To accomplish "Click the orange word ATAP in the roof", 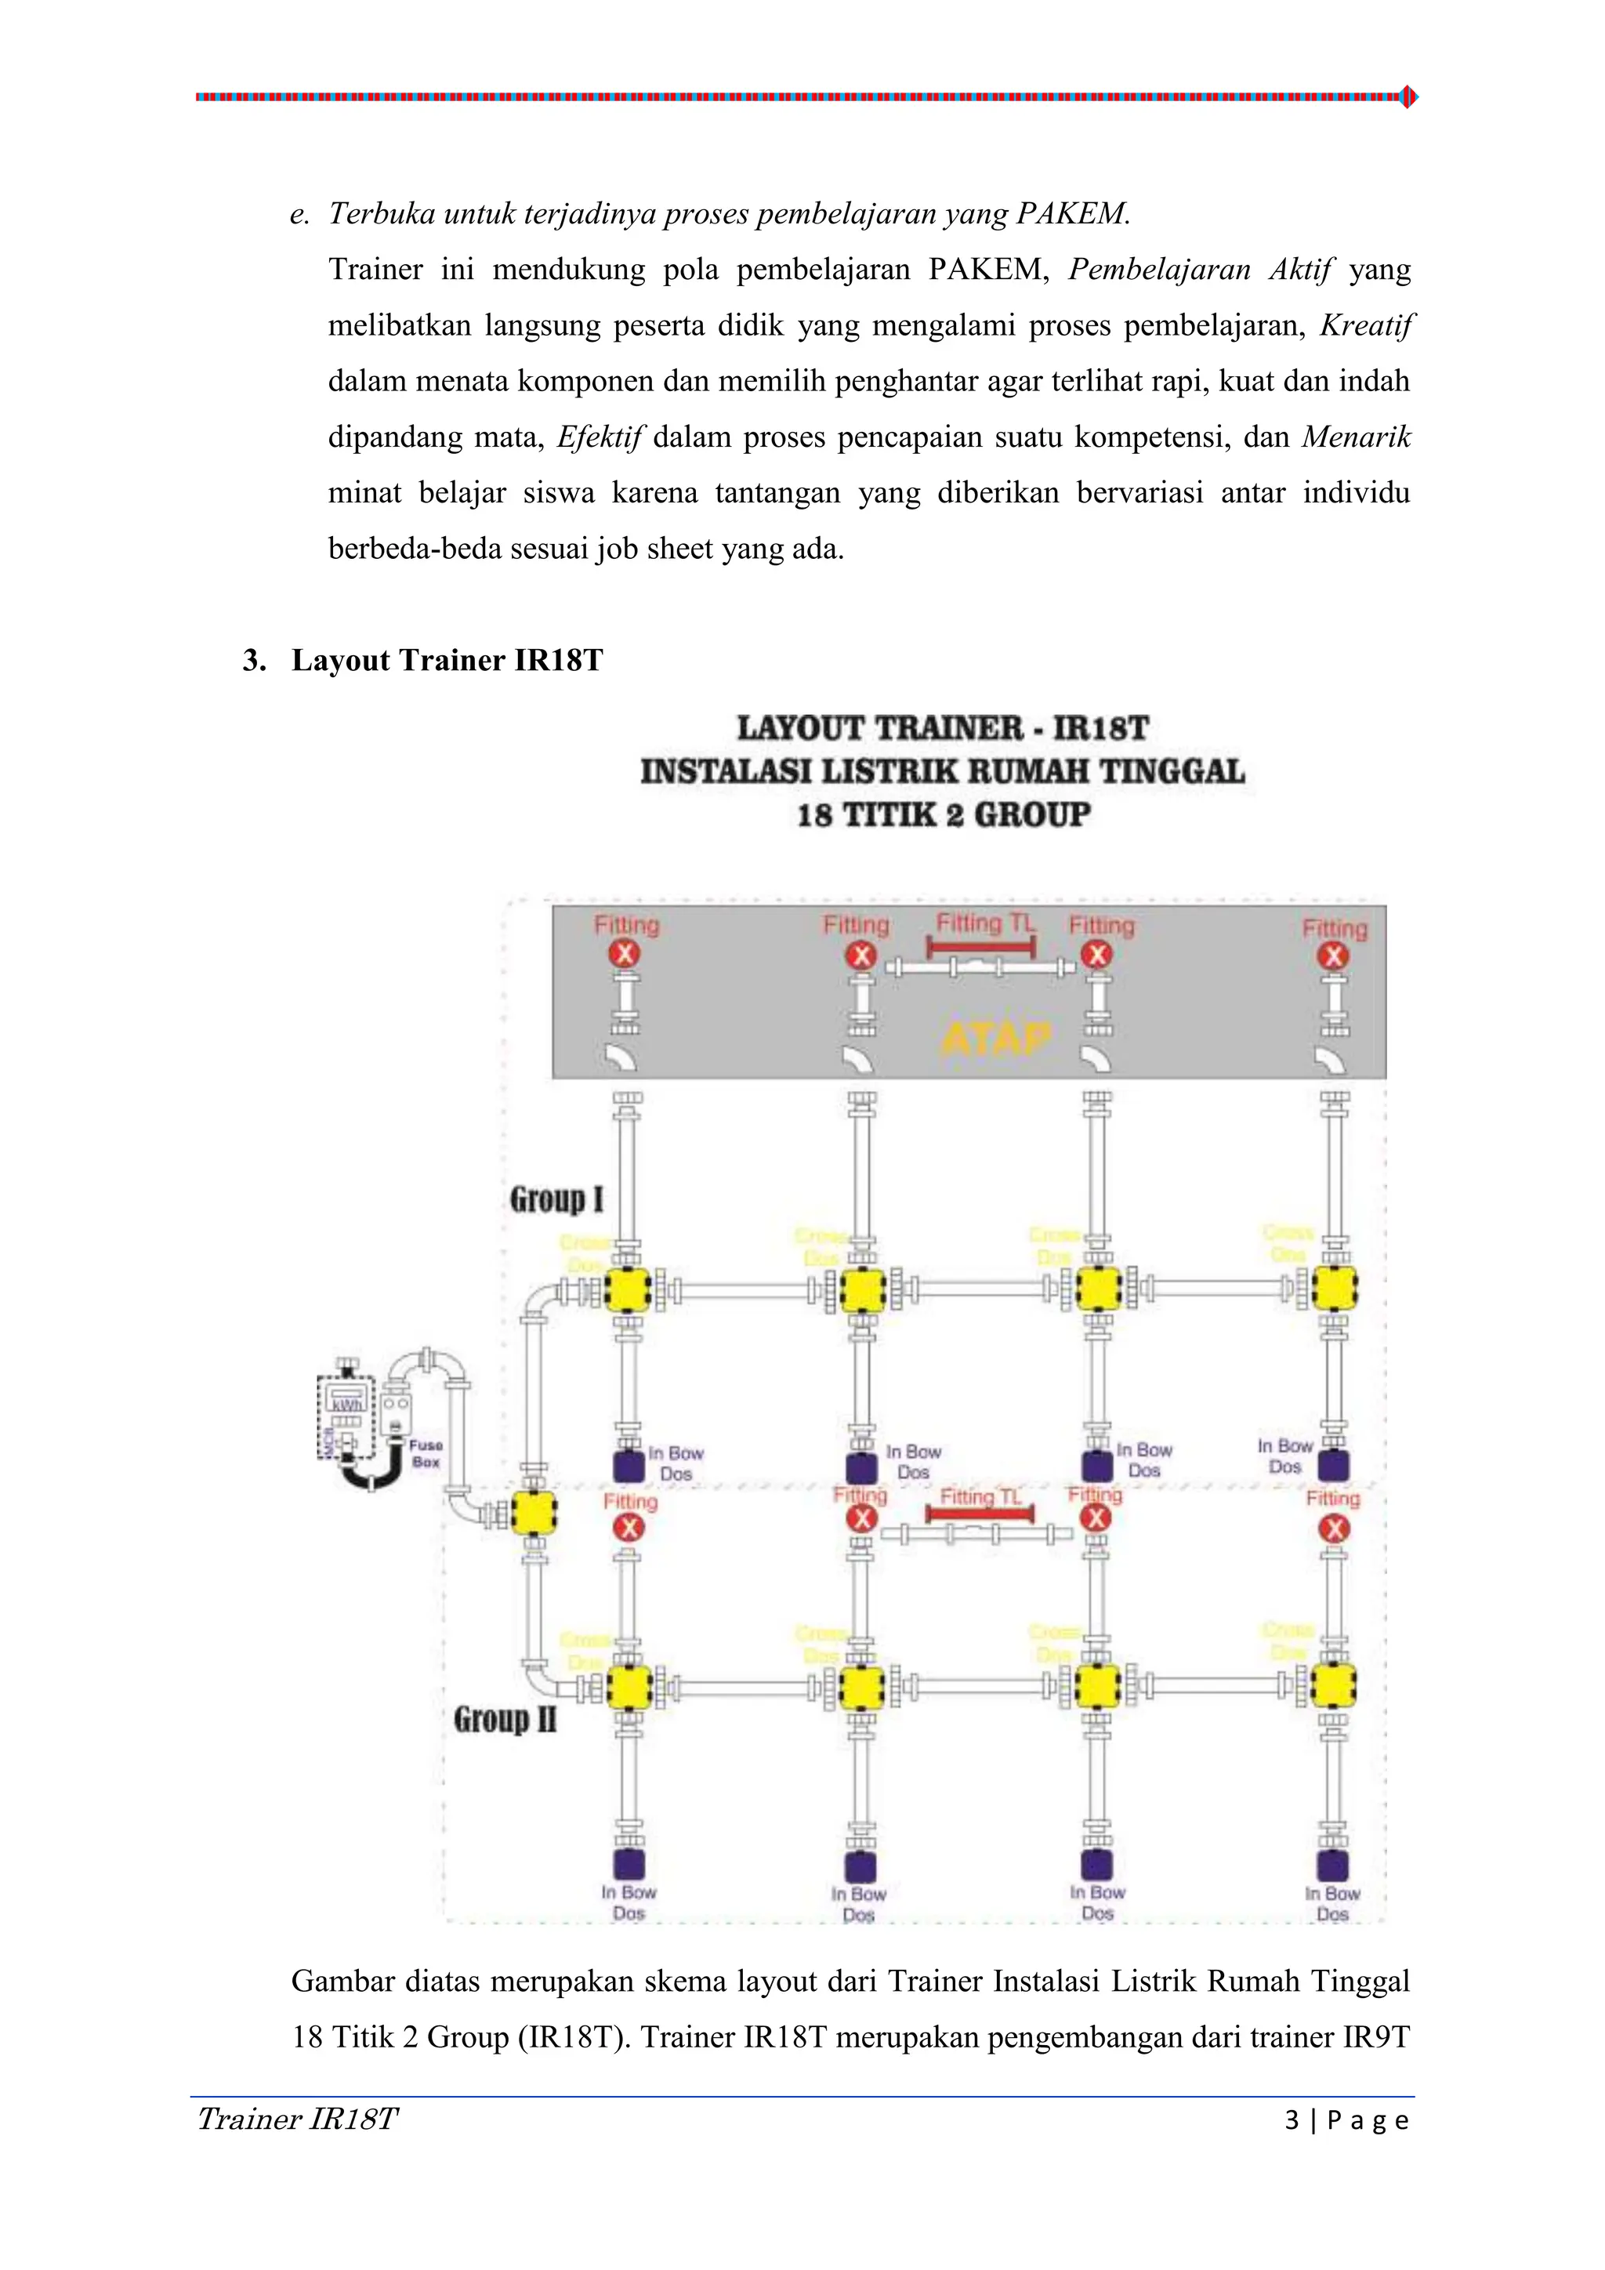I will coord(995,1038).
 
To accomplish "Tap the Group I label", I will coord(556,1199).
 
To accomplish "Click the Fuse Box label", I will coord(426,1452).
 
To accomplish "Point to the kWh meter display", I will coord(347,1404).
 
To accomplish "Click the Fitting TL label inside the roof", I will coord(984,923).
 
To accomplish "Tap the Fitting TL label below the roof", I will coord(980,1497).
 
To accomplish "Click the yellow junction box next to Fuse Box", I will coord(534,1514).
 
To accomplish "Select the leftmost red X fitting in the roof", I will coord(624,954).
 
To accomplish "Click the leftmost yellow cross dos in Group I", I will coord(628,1289).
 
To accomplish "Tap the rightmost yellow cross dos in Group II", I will coord(1333,1686).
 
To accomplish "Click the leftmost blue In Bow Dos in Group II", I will coord(629,1864).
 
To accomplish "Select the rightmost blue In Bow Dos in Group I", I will coord(1333,1465).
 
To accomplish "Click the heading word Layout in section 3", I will coord(340,661).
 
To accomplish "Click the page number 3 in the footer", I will coord(1292,2120).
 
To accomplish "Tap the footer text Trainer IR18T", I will coord(298,2119).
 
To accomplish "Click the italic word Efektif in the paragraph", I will coord(600,437).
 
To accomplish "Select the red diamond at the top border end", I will coord(1409,97).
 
